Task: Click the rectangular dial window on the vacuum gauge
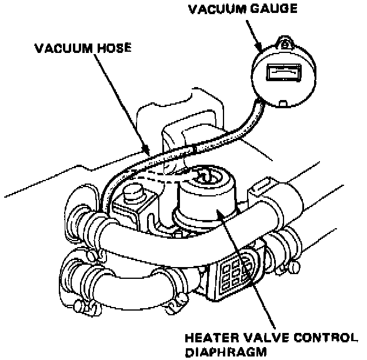(283, 72)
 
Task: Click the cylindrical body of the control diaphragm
(206, 203)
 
